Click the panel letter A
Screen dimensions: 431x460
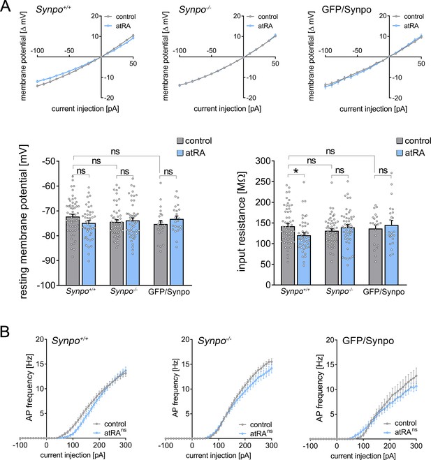6,6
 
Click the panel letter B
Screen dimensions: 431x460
5,332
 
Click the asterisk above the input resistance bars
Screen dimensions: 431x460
296,171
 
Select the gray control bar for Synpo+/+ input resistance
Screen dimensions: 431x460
288,255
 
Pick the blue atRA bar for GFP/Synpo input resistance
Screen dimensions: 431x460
391,255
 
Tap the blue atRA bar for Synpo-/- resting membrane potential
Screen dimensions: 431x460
133,253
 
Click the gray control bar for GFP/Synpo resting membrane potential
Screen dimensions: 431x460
161,255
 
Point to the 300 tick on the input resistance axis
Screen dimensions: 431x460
265,161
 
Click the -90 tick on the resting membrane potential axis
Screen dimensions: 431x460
49,260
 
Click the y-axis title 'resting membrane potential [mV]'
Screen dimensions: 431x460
24,222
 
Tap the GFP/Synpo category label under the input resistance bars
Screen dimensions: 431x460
383,292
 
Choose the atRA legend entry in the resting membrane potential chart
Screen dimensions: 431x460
191,153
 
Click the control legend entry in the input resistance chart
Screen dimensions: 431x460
414,141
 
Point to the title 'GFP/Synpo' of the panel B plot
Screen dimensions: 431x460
368,341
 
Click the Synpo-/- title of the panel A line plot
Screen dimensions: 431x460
195,9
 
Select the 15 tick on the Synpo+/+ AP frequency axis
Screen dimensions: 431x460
40,364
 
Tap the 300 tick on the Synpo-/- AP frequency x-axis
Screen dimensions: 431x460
271,445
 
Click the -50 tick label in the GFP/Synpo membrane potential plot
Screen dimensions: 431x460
357,51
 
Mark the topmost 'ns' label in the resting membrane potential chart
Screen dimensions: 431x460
115,151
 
